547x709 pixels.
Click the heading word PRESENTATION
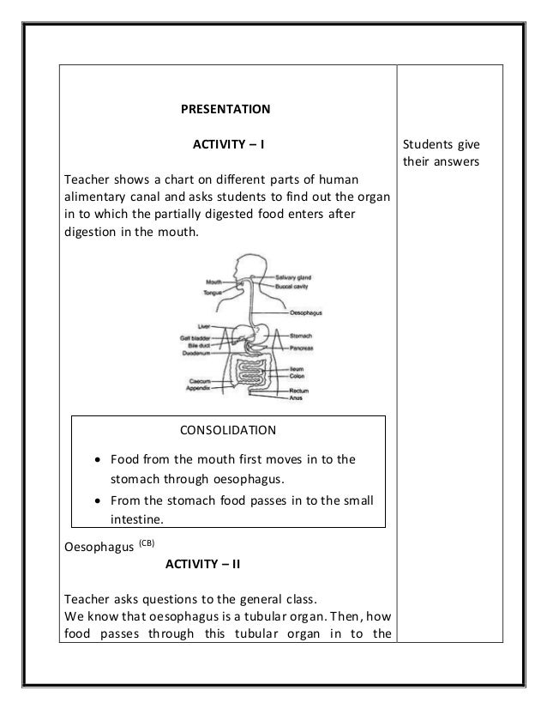pos(225,109)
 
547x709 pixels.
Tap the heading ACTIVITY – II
pos(201,564)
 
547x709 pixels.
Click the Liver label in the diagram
pos(203,327)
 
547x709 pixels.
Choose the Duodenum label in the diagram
pos(197,353)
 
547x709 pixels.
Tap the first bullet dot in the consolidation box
pos(99,459)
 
